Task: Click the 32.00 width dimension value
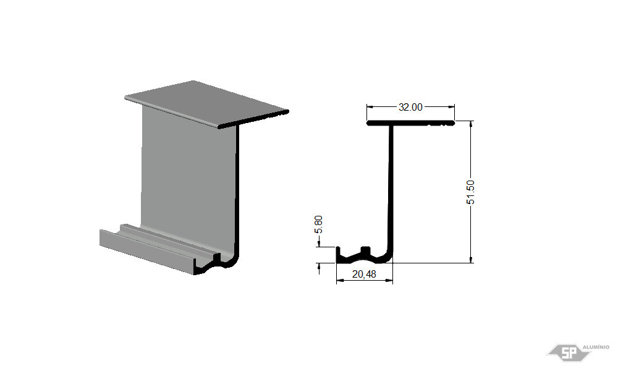410,107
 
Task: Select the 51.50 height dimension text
470,192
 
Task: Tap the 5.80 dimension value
318,224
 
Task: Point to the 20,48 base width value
364,274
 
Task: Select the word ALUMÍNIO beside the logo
596,347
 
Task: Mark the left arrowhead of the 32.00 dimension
370,106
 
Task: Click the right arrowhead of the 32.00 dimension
451,106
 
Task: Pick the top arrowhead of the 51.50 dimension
471,124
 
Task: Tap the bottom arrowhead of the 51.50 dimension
471,260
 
